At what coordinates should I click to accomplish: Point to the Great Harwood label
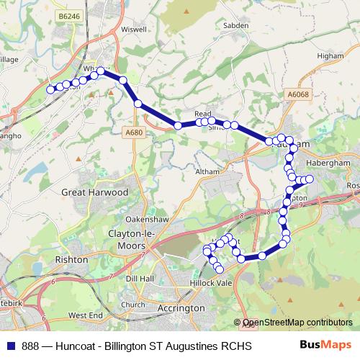click(x=94, y=193)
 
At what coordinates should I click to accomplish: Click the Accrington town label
click(x=181, y=307)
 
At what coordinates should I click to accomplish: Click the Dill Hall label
click(x=140, y=278)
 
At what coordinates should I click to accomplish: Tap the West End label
click(x=85, y=315)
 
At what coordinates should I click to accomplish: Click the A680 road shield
click(x=133, y=132)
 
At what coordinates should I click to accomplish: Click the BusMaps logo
click(x=327, y=346)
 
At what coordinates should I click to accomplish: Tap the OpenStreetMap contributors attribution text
click(x=296, y=323)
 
